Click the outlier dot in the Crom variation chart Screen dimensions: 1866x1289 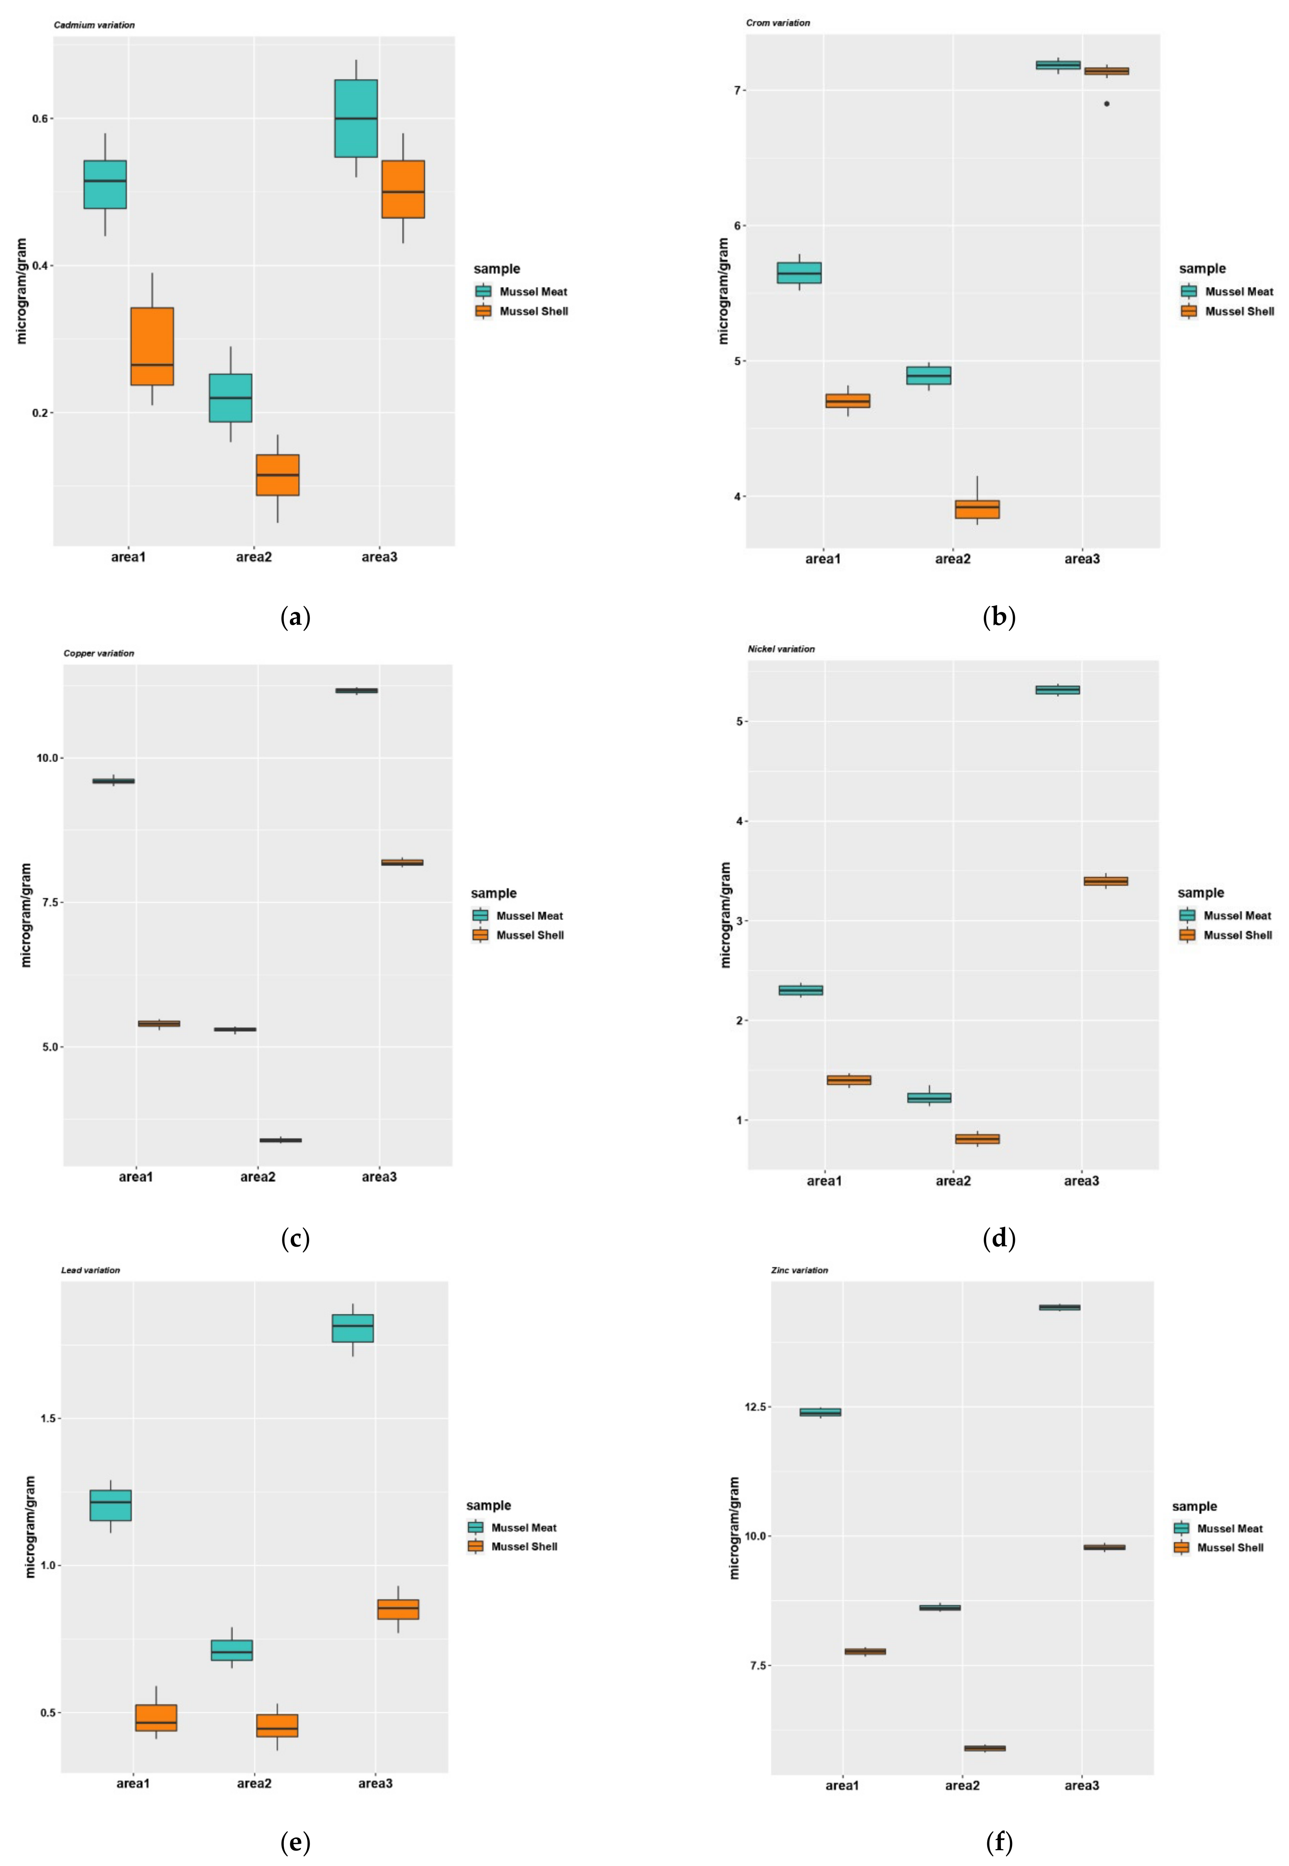1106,103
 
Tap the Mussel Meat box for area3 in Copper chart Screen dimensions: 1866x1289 356,690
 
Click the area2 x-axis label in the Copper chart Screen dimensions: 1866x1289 258,1177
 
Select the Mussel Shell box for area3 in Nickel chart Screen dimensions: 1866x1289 1106,881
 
